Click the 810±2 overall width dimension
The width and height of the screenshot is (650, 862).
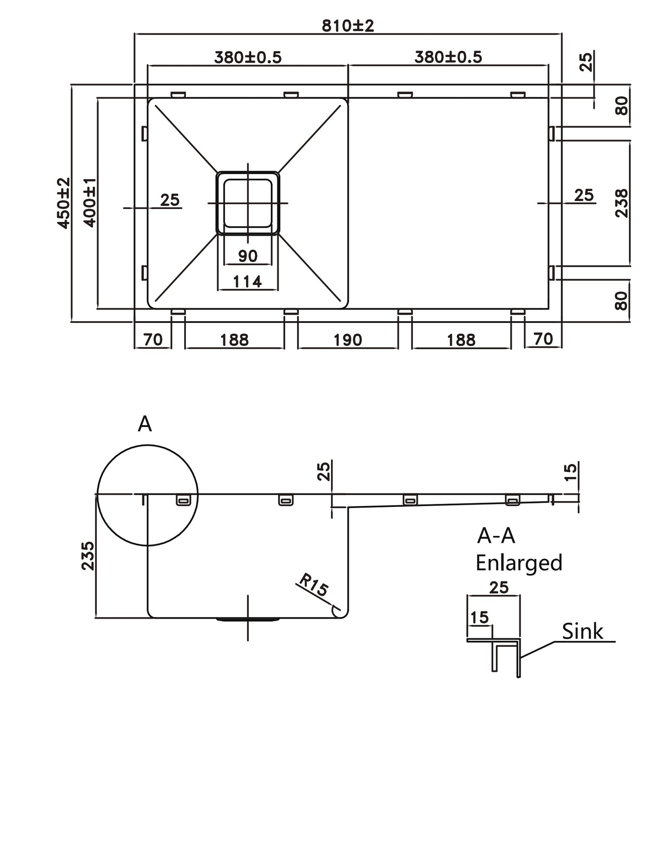(x=348, y=26)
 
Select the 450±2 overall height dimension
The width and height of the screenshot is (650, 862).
(x=63, y=203)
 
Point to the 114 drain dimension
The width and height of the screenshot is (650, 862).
(x=247, y=282)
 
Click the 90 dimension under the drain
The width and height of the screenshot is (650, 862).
(x=248, y=256)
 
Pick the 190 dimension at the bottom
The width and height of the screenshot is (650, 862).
(x=348, y=340)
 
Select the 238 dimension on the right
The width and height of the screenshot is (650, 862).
(x=621, y=203)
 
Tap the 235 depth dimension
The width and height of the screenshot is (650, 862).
(x=88, y=555)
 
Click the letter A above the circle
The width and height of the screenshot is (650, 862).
(x=145, y=424)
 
